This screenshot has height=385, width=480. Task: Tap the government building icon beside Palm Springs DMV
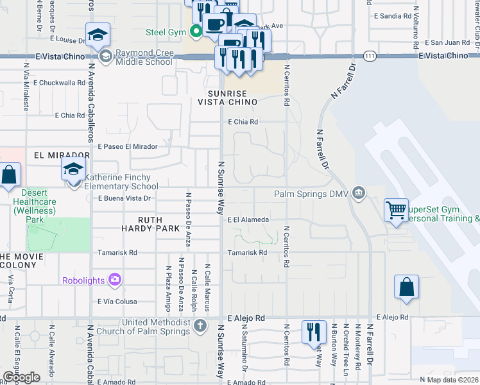(x=359, y=193)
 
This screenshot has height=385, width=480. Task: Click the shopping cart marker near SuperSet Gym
(x=396, y=209)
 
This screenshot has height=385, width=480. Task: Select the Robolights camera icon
(x=115, y=279)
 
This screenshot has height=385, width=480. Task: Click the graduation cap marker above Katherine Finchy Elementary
(x=74, y=170)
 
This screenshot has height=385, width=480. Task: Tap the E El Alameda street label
(x=248, y=219)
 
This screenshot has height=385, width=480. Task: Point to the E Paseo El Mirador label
(x=127, y=146)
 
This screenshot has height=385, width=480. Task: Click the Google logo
(x=21, y=377)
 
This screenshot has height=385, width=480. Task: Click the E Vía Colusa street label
(x=117, y=302)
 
